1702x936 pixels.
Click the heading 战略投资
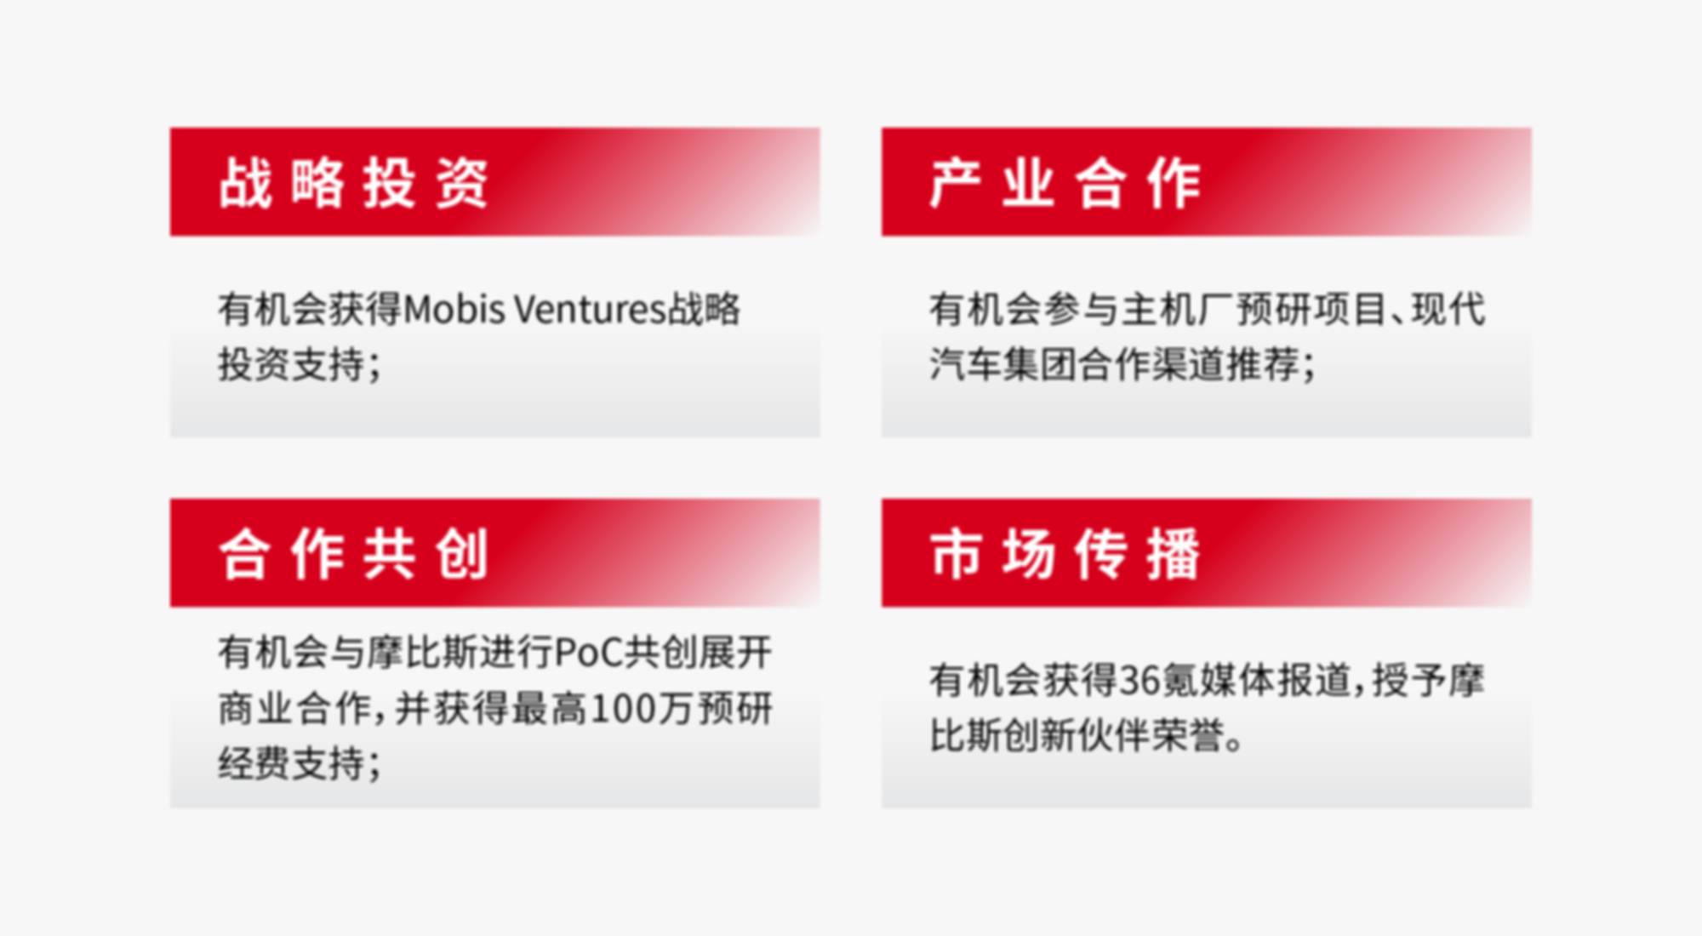click(353, 183)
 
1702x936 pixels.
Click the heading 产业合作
click(1065, 183)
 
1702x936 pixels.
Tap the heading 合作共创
click(353, 554)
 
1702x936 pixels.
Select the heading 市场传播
click(1065, 554)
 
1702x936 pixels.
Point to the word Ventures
click(591, 309)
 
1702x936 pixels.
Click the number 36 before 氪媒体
click(1139, 680)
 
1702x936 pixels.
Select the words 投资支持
click(291, 364)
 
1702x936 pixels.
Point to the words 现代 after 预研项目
click(1448, 309)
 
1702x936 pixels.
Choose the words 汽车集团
click(1002, 364)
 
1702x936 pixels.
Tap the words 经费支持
click(291, 762)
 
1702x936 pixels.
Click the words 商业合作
click(291, 708)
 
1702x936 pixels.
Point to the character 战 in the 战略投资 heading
click(245, 183)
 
